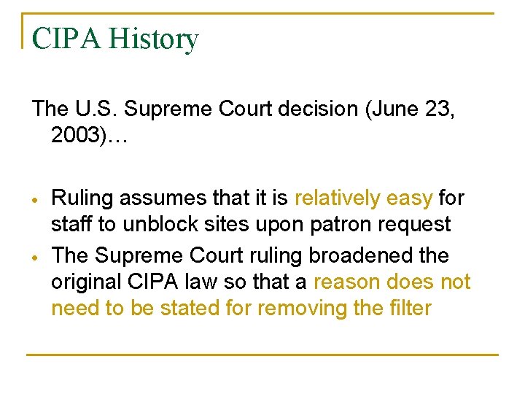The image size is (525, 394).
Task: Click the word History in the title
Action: pyautogui.click(x=153, y=39)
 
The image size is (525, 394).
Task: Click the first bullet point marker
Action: pyautogui.click(x=35, y=199)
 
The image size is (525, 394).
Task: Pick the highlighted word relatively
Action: pyautogui.click(x=340, y=198)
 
